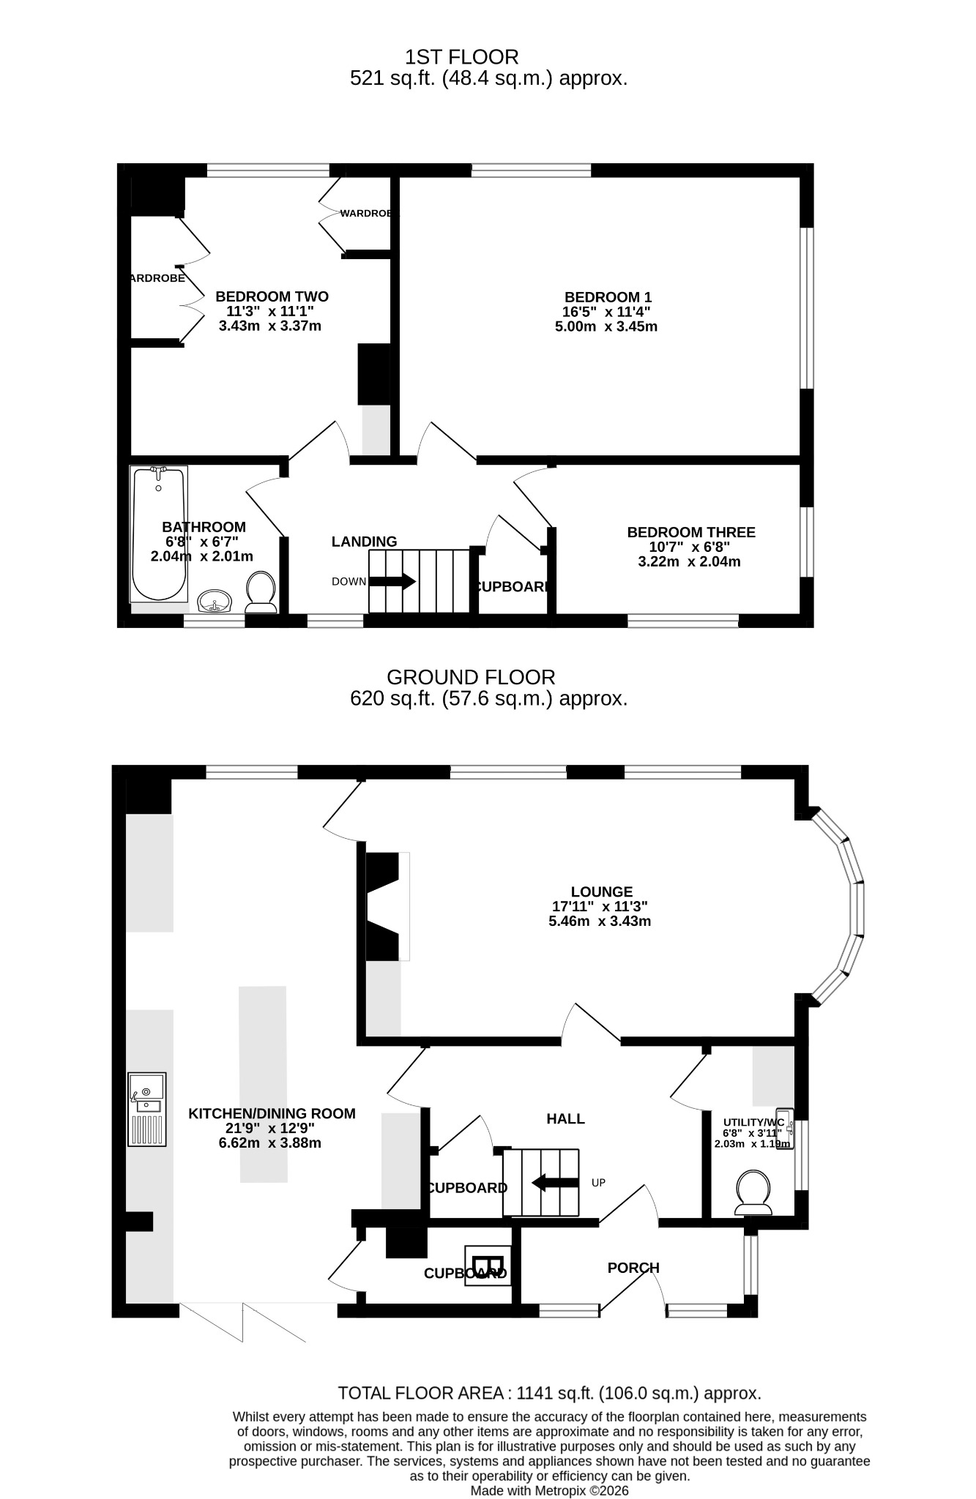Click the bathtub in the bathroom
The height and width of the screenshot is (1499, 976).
click(158, 534)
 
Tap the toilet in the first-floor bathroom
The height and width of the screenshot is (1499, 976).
click(261, 592)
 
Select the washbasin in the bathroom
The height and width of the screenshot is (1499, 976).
click(215, 601)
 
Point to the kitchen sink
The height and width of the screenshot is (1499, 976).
click(147, 1109)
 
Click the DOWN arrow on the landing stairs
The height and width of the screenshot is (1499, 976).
click(392, 582)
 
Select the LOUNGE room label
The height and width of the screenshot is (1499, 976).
click(602, 891)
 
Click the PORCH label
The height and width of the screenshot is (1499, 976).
click(633, 1268)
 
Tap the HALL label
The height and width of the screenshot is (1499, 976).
click(566, 1118)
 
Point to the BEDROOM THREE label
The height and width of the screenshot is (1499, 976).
click(691, 532)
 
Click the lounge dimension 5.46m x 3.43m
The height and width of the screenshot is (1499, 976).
click(600, 921)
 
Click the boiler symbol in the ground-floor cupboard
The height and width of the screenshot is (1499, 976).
click(488, 1264)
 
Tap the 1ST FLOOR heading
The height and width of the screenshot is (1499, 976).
click(462, 56)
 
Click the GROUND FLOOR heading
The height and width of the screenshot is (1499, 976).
click(471, 677)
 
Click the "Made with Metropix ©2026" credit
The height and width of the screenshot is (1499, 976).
click(549, 1490)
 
